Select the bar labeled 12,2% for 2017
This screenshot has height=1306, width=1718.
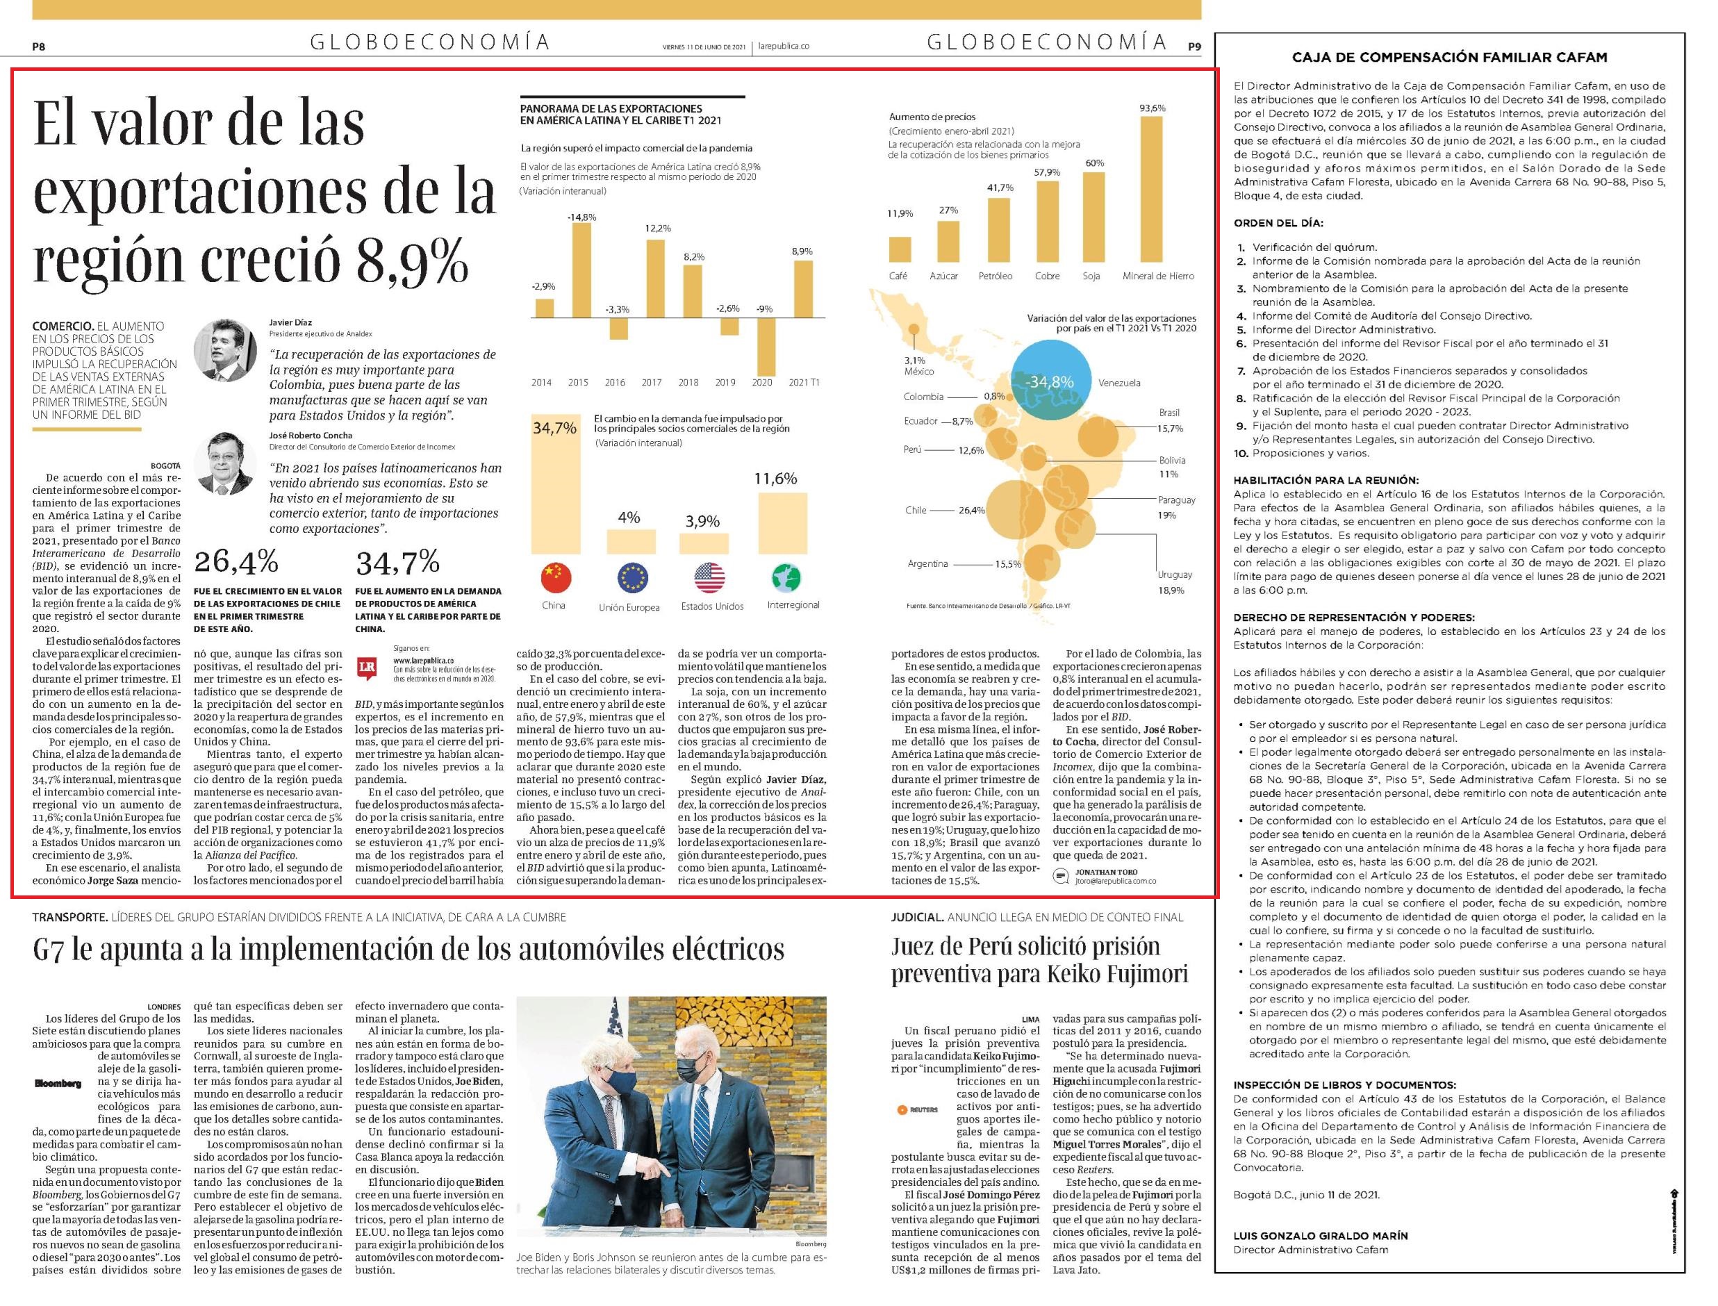655,279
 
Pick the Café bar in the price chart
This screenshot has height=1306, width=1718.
900,249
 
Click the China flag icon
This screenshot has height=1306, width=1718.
555,577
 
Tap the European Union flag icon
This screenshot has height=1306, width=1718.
632,577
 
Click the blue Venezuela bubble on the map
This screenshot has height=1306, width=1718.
1050,380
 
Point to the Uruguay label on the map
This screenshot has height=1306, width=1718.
1175,575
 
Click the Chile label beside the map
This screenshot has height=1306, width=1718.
915,510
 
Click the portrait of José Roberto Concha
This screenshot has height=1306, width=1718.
226,463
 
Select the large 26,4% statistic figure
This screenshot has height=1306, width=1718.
236,561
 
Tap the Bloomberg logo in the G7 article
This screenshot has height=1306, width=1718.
58,1084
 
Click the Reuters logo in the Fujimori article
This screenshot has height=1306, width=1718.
917,1109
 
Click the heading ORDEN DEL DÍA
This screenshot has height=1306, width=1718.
1278,223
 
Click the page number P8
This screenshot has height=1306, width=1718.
39,47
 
